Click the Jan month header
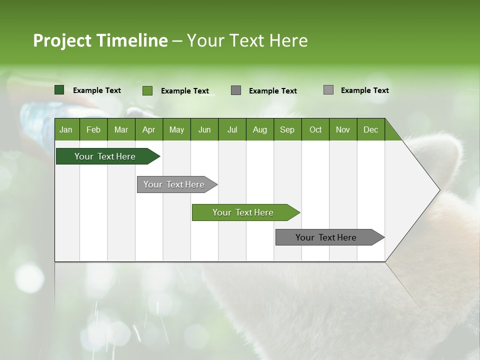click(66, 129)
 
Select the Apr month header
click(148, 129)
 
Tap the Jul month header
click(232, 129)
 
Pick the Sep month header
click(287, 129)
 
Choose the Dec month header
click(370, 129)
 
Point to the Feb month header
click(93, 129)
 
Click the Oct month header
click(315, 129)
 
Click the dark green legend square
click(59, 90)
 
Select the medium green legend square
click(147, 90)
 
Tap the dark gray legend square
click(236, 90)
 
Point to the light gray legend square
click(328, 90)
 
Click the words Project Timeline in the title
click(100, 40)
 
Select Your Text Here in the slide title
click(247, 40)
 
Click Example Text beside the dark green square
click(97, 90)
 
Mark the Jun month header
click(204, 129)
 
